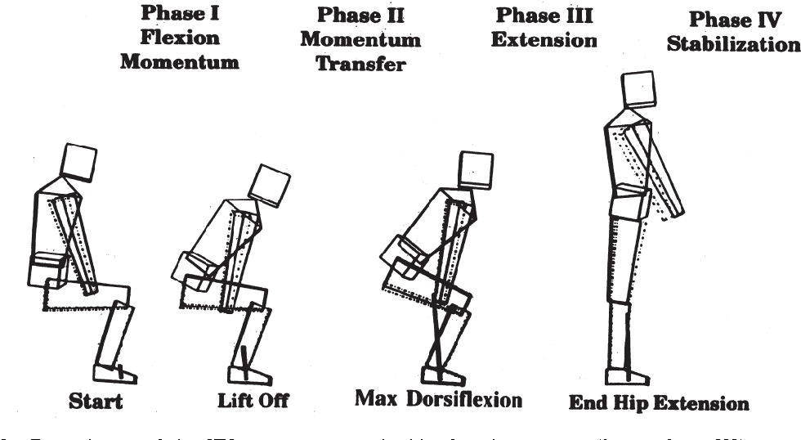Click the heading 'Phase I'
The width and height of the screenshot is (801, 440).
click(x=179, y=14)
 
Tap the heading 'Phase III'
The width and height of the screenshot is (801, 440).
click(x=544, y=15)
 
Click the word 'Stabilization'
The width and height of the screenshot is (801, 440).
click(x=733, y=43)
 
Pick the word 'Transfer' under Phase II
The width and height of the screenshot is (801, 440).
click(x=360, y=63)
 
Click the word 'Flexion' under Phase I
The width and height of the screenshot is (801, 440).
click(x=179, y=38)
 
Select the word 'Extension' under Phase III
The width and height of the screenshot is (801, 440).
click(x=544, y=39)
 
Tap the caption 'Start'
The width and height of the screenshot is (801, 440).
click(x=96, y=401)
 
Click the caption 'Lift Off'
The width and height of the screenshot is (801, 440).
click(x=253, y=401)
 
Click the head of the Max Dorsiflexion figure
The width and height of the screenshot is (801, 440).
click(x=477, y=168)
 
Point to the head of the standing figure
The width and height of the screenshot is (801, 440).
click(x=638, y=88)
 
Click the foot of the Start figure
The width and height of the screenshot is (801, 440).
click(x=114, y=375)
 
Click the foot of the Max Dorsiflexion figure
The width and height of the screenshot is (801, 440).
click(x=446, y=375)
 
